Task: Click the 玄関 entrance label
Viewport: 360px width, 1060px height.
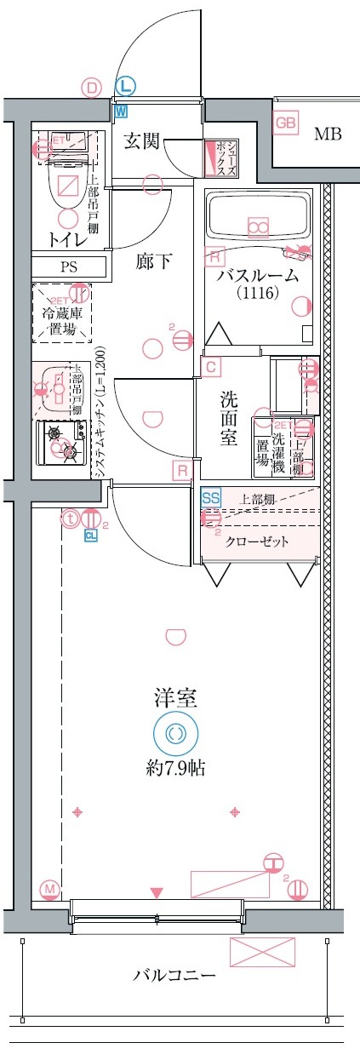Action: click(141, 141)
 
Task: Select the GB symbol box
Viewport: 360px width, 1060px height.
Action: click(286, 124)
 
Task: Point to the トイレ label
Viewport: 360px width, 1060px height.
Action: click(66, 240)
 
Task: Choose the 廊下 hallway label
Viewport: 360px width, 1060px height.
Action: click(154, 261)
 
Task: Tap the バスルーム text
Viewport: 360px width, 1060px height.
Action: click(257, 275)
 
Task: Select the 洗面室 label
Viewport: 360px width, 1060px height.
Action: click(229, 418)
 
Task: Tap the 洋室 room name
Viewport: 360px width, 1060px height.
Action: click(175, 700)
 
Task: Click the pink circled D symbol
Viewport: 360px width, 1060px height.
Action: click(91, 86)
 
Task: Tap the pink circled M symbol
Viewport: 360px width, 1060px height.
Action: click(49, 890)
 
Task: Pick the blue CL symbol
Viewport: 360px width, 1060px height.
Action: click(90, 535)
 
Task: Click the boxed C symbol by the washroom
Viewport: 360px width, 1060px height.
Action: click(209, 367)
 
